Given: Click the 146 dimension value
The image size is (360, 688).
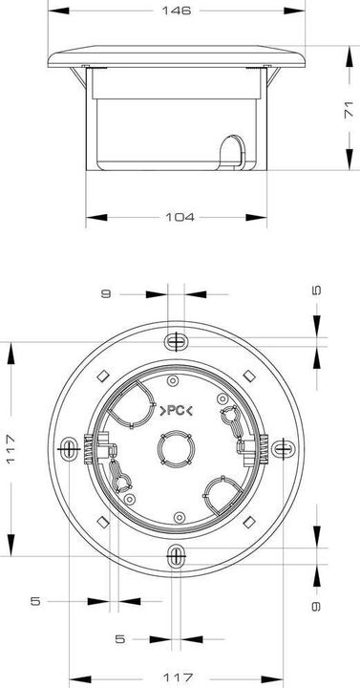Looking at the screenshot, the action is point(177,11).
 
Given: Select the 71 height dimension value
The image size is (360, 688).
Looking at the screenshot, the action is point(349,110).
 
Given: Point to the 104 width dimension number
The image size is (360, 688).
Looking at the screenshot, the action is point(180,217).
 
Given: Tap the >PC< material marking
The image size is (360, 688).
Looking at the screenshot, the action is point(176,411).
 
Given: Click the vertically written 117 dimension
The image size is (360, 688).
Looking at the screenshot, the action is point(11,449).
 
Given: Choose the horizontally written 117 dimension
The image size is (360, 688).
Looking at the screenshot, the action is point(178,677).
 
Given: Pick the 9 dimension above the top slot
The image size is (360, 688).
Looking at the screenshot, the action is point(106,293).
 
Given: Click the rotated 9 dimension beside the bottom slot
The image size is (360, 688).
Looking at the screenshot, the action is point(316,606).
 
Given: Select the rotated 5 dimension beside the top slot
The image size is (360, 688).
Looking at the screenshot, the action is point(317,290).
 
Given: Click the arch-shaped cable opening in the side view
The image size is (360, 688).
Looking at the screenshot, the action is point(232,152).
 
